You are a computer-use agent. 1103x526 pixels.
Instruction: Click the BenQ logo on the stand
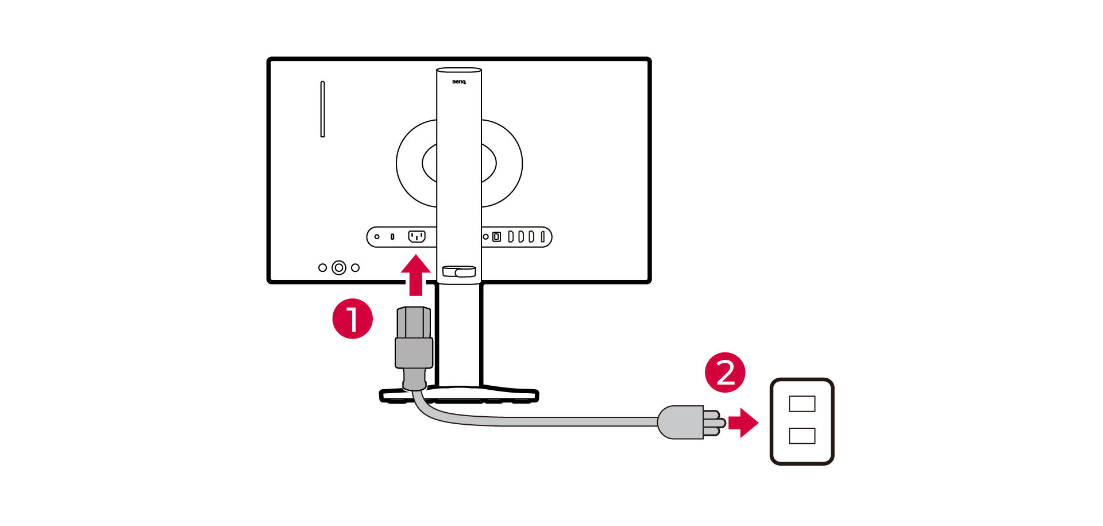tap(459, 82)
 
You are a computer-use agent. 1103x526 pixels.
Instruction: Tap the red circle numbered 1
tap(352, 318)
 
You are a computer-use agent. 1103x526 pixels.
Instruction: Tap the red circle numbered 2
tap(725, 373)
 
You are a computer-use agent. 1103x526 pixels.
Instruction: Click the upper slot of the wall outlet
tap(802, 404)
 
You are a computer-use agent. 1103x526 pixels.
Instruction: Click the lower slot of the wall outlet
tap(802, 436)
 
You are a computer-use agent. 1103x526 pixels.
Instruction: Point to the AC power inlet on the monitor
tap(416, 236)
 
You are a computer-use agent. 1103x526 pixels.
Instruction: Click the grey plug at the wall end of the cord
tap(681, 423)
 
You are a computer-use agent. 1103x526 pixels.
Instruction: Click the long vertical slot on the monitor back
tap(322, 109)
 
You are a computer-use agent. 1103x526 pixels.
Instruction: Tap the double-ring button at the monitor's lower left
tap(339, 268)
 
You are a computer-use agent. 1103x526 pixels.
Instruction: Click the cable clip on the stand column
tap(459, 271)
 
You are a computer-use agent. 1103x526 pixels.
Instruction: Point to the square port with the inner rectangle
tap(497, 237)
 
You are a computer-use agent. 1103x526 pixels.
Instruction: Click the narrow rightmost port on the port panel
tap(542, 237)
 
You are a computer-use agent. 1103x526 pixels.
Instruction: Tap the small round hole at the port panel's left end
tap(377, 237)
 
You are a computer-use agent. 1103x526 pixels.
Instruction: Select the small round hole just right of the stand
tap(486, 237)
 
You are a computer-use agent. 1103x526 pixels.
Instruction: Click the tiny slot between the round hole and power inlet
tap(392, 237)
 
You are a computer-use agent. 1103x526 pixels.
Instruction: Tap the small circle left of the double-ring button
tap(322, 268)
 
